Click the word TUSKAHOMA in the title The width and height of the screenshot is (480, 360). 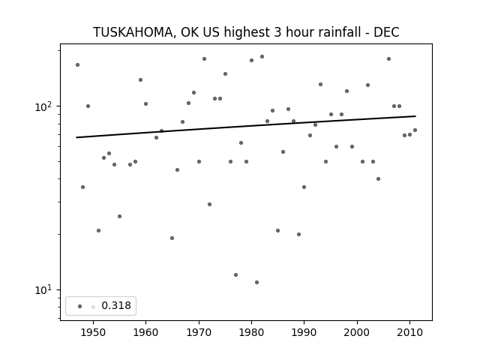click(x=133, y=32)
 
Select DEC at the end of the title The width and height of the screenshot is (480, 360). click(x=386, y=32)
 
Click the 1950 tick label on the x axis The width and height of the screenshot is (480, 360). click(x=93, y=332)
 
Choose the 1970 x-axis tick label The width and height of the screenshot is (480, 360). click(x=199, y=332)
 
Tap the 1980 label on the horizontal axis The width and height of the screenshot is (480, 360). click(x=252, y=332)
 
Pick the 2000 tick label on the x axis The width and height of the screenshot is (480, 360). click(x=357, y=332)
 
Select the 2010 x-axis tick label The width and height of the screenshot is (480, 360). click(x=410, y=332)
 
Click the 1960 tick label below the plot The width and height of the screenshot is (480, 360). click(x=145, y=332)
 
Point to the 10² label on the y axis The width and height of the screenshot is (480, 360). click(x=43, y=106)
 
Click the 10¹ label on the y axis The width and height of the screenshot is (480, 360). click(x=43, y=289)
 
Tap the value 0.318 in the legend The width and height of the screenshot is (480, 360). click(x=116, y=305)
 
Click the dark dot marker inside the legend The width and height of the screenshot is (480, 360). click(x=80, y=306)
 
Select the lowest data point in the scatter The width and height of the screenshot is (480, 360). click(x=256, y=282)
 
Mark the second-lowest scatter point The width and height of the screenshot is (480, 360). click(x=235, y=275)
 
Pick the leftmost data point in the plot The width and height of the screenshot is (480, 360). click(x=77, y=65)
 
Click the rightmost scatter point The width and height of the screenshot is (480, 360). click(x=415, y=130)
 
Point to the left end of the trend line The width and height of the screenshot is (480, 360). click(x=76, y=137)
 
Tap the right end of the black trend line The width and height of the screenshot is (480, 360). click(x=415, y=116)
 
